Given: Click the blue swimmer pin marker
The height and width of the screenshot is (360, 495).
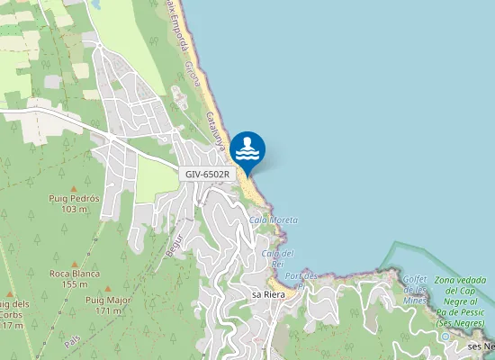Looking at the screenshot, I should click(247, 149).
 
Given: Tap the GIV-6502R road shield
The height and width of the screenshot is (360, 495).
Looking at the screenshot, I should click(208, 174).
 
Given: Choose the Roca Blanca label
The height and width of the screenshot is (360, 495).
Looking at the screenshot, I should click(75, 274).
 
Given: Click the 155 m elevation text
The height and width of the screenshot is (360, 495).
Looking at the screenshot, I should click(75, 284).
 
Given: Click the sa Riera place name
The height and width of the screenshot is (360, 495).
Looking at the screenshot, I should click(268, 294).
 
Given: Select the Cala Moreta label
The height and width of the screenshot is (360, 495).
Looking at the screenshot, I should click(273, 220).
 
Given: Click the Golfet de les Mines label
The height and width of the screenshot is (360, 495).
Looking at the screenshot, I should click(415, 289).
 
